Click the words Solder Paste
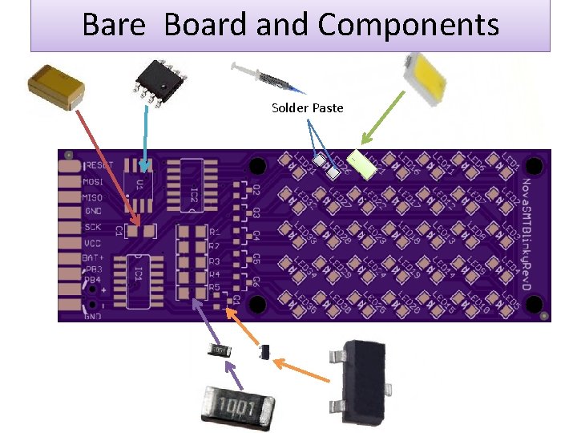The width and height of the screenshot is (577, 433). pyautogui.click(x=307, y=107)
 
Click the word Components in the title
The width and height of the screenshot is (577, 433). pyautogui.click(x=408, y=25)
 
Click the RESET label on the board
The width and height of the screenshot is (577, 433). pyautogui.click(x=99, y=165)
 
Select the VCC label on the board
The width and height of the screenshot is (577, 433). pyautogui.click(x=93, y=241)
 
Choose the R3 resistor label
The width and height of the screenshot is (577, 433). pyautogui.click(x=214, y=261)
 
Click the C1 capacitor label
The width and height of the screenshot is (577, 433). pyautogui.click(x=119, y=231)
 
